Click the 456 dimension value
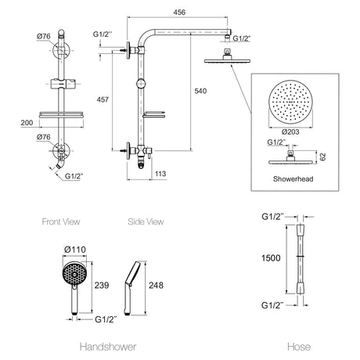179,12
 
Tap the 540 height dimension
200,91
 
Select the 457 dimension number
103,99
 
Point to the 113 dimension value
160,174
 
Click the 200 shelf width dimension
27,123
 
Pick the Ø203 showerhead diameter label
290,131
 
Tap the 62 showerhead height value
322,157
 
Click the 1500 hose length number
271,258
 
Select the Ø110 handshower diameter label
75,250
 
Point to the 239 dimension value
102,285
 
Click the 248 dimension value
156,285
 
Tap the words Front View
61,221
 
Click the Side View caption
146,221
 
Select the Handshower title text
108,347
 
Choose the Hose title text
299,347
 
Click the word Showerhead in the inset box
293,179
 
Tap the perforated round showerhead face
290,102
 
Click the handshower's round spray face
74,274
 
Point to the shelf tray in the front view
61,115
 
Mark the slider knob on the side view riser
141,84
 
